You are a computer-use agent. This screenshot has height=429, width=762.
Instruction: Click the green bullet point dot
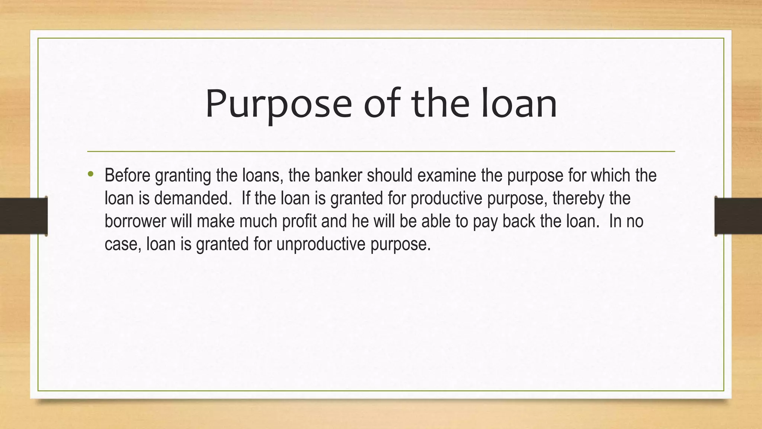90,174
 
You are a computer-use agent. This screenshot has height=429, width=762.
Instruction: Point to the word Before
127,175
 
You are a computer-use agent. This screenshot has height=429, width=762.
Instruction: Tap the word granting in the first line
183,175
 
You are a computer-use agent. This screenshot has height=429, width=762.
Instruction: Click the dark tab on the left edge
23,216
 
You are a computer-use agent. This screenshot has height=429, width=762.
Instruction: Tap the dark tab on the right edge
738,216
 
